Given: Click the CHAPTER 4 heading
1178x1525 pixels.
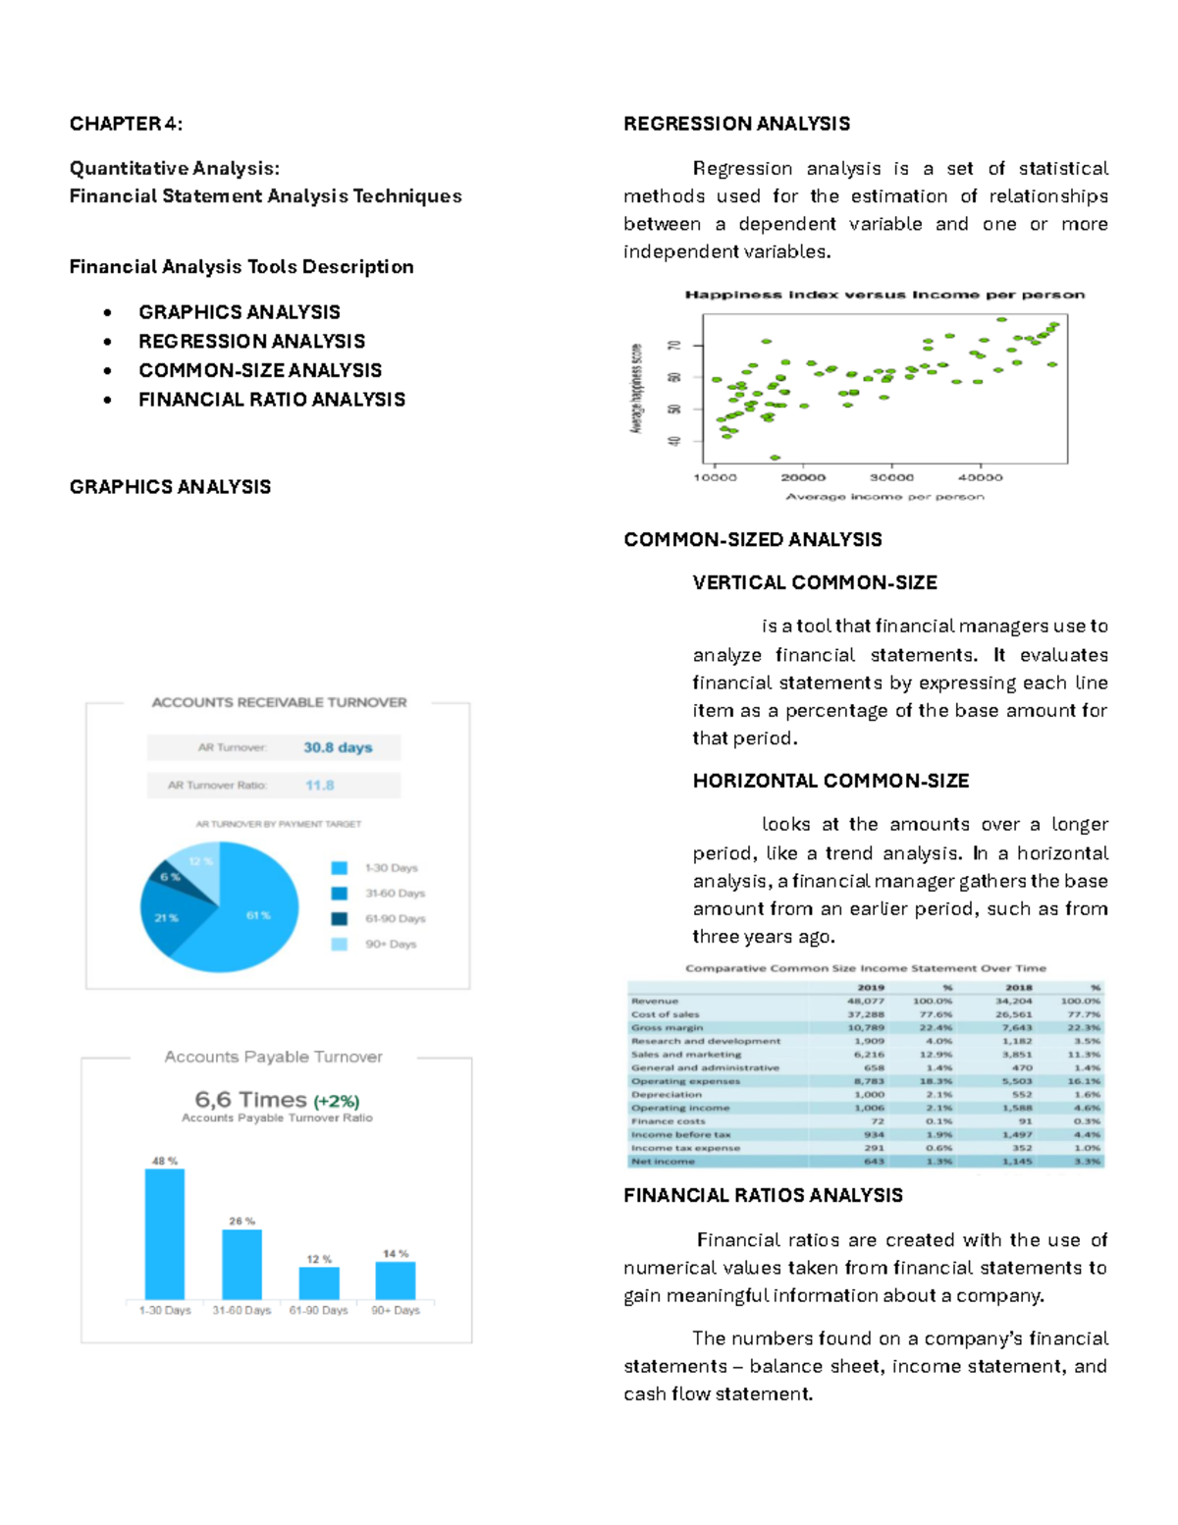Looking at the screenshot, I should (126, 124).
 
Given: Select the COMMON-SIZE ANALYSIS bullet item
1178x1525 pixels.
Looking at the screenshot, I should (260, 370).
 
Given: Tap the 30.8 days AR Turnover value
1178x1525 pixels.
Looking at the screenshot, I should (337, 747).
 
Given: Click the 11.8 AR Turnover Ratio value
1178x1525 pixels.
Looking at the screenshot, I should (319, 786).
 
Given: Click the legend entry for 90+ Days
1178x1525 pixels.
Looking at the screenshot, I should (390, 945).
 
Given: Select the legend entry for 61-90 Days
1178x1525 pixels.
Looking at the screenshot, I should (395, 919).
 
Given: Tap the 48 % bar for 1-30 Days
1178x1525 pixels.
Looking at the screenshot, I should (165, 1234).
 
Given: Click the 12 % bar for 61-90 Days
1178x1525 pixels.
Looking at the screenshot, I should (319, 1283).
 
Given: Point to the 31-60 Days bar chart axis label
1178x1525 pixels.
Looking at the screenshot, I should (241, 1311).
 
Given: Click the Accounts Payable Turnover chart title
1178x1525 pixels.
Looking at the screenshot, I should (273, 1058).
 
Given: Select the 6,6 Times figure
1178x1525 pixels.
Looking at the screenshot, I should (251, 1100).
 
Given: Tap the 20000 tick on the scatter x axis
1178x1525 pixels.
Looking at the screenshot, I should (803, 478).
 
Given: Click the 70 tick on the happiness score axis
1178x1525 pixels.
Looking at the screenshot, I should (674, 346).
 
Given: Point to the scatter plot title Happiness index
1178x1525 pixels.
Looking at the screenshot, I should (883, 295).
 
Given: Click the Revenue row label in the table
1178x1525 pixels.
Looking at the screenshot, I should (655, 1002).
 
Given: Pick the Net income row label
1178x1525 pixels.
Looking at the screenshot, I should (663, 1162).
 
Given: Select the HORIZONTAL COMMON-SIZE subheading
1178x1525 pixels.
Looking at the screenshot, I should (830, 782).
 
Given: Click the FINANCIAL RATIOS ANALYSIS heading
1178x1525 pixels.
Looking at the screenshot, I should (763, 1196).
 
